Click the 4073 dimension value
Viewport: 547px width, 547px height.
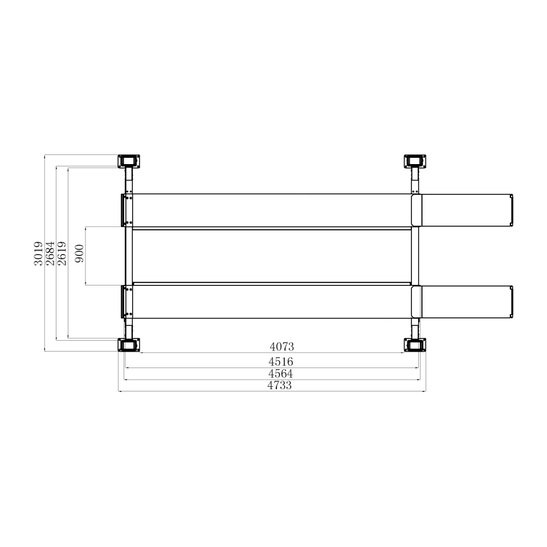coord(281,346)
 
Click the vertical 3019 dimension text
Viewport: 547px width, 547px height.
coord(38,254)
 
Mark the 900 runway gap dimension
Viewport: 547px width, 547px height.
coord(79,254)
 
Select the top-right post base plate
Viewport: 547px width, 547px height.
coord(415,160)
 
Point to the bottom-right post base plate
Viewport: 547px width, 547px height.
coord(415,345)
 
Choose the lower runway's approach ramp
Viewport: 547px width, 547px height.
coord(466,301)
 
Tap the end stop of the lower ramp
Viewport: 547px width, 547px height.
coord(512,301)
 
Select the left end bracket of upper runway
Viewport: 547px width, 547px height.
coord(125,210)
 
